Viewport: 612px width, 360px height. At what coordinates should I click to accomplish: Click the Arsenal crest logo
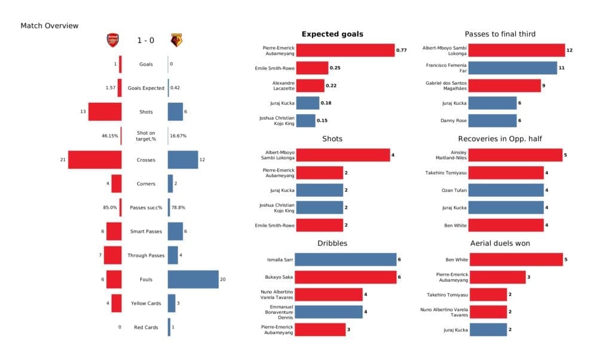[112, 40]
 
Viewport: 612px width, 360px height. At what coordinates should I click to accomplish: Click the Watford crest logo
[176, 40]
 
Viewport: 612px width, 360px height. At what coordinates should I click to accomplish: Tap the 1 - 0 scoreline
[145, 41]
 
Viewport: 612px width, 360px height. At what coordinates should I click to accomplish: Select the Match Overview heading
[49, 26]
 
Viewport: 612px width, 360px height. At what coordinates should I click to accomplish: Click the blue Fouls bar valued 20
[193, 279]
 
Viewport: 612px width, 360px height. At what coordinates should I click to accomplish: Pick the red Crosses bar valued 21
[95, 160]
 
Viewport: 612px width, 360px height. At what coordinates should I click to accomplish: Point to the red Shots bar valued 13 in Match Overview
[105, 112]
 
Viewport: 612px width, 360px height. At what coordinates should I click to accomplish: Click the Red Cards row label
[146, 327]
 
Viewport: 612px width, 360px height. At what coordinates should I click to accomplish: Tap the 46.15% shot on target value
[110, 136]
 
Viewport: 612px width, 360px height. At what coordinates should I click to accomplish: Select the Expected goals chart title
[332, 34]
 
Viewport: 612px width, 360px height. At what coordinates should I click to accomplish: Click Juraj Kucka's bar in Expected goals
[307, 103]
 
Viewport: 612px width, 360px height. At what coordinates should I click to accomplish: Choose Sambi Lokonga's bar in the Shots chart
[342, 155]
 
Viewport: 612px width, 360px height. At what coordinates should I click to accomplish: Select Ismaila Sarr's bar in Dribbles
[345, 260]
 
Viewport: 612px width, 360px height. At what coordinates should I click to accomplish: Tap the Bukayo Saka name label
[277, 277]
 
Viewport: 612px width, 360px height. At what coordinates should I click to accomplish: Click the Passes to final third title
[500, 34]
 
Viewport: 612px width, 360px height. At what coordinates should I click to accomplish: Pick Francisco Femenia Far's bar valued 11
[512, 68]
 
